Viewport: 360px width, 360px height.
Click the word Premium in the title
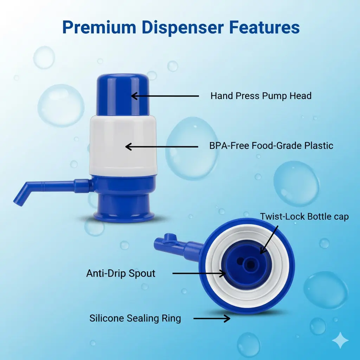(x=99, y=27)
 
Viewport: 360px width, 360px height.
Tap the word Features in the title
(x=264, y=27)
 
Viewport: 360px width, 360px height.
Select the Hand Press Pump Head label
(x=261, y=96)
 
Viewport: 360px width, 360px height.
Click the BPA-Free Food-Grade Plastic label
(x=271, y=146)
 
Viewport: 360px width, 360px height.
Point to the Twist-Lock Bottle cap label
(x=304, y=217)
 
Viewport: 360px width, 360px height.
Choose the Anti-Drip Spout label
(x=121, y=274)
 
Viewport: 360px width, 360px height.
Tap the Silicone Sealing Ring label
(x=135, y=319)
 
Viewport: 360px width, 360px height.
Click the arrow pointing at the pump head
(x=165, y=96)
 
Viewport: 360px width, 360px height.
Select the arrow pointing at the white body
(x=162, y=147)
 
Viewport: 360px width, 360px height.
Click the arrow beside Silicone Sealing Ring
(x=212, y=319)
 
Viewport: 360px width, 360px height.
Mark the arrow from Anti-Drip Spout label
(x=199, y=274)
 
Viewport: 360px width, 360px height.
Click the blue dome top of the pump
(x=123, y=95)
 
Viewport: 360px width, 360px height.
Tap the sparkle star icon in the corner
(x=340, y=340)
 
